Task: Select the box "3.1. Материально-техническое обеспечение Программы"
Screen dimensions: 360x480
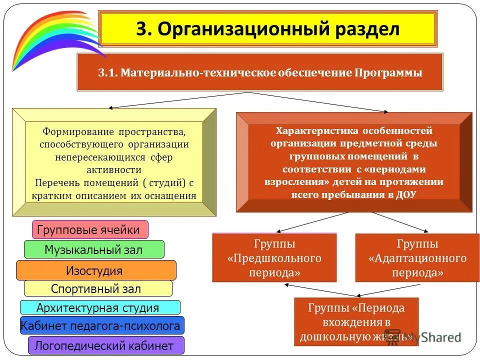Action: pyautogui.click(x=259, y=72)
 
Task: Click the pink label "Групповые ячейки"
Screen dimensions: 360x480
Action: pyautogui.click(x=90, y=230)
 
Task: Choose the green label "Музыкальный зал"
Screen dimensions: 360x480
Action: pyautogui.click(x=93, y=249)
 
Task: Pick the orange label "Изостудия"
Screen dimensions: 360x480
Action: pyautogui.click(x=95, y=270)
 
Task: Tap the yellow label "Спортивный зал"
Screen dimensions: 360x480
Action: pyautogui.click(x=97, y=288)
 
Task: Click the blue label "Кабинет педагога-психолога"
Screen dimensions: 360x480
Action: pyautogui.click(x=101, y=326)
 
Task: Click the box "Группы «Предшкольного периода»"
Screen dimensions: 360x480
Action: pyautogui.click(x=274, y=258)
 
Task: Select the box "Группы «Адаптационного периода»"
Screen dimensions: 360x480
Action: pyautogui.click(x=417, y=258)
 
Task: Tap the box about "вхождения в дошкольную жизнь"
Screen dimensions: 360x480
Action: pyautogui.click(x=356, y=322)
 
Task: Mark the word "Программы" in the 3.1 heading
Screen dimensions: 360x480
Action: pyautogui.click(x=388, y=72)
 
